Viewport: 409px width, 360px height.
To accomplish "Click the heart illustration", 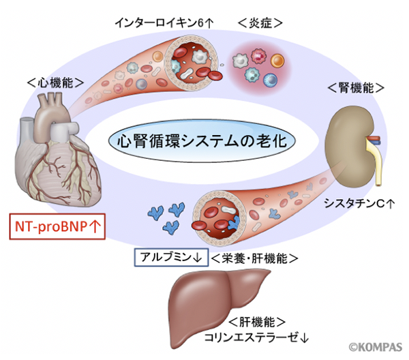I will [x=59, y=153].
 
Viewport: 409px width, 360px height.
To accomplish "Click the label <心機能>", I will [x=55, y=82].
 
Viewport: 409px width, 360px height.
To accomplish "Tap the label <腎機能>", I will [x=355, y=89].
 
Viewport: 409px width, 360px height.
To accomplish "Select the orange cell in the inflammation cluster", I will [x=277, y=61].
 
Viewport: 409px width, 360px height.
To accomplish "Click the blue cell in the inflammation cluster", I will [x=271, y=80].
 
